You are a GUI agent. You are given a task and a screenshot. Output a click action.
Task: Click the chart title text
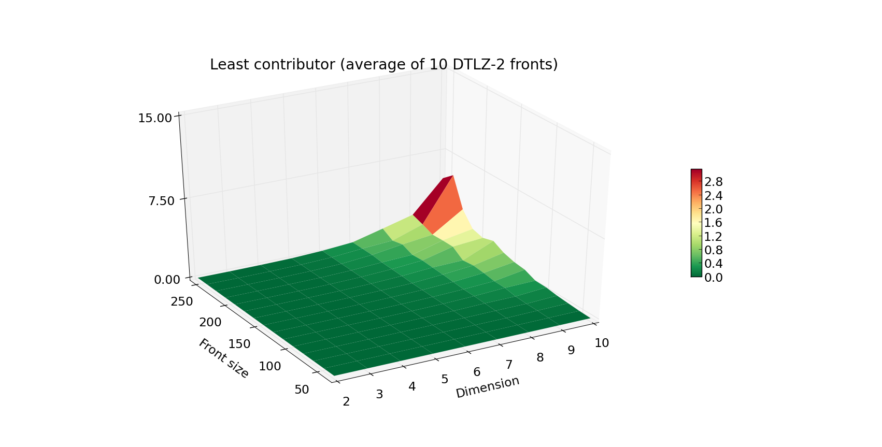click(x=383, y=65)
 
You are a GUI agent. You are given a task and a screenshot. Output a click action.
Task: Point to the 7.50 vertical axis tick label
click(x=161, y=200)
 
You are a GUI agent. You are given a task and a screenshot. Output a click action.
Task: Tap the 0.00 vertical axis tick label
click(x=167, y=280)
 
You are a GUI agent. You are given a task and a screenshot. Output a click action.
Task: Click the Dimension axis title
click(x=487, y=387)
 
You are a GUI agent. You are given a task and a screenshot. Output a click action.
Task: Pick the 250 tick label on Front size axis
click(x=181, y=301)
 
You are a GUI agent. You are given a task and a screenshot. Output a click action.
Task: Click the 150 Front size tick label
click(x=239, y=344)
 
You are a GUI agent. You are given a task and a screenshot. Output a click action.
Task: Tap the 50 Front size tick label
click(x=302, y=390)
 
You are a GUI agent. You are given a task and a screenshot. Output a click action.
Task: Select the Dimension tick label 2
click(x=346, y=401)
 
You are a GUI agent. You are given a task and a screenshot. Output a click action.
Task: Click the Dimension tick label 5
click(x=445, y=379)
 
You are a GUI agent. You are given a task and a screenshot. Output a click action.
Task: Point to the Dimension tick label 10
click(x=601, y=343)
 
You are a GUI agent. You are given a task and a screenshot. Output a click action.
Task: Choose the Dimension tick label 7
click(x=509, y=365)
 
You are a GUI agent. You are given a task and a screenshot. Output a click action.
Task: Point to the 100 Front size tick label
click(x=269, y=366)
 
